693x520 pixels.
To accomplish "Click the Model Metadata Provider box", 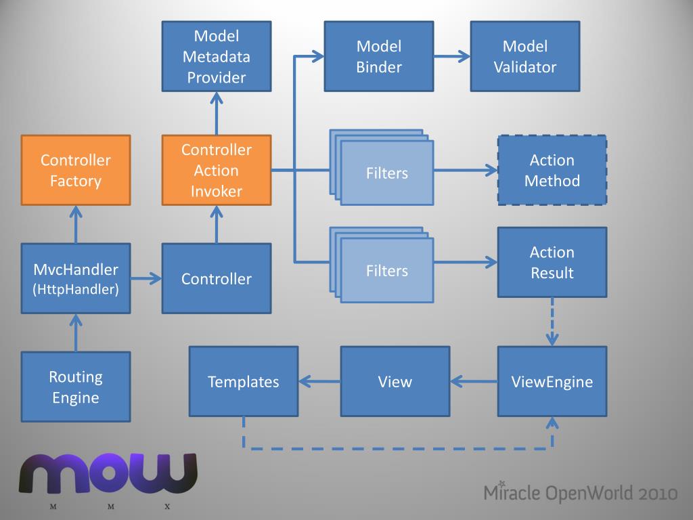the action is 217,57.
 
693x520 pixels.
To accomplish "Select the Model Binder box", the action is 379,57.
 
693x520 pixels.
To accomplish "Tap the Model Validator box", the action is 525,57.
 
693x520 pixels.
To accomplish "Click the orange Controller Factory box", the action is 76,170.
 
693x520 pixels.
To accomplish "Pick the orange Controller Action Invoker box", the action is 217,170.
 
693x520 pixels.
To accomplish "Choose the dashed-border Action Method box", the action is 552,170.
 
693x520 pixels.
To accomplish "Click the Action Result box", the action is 552,262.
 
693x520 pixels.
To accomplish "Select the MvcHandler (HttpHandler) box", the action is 76,278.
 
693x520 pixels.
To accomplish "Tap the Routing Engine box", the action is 76,387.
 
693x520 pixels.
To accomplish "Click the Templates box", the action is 244,381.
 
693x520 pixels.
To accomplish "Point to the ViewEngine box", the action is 552,381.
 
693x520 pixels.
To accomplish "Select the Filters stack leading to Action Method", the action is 382,167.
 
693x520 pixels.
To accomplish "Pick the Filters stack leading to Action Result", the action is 382,265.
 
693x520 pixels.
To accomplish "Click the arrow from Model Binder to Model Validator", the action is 451,56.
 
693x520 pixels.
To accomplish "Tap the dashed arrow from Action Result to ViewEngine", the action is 552,322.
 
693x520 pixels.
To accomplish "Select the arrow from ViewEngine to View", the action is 474,381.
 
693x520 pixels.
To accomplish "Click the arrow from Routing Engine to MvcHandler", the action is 76,332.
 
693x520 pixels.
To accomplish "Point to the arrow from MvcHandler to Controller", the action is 146,278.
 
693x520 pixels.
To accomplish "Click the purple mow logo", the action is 108,473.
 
